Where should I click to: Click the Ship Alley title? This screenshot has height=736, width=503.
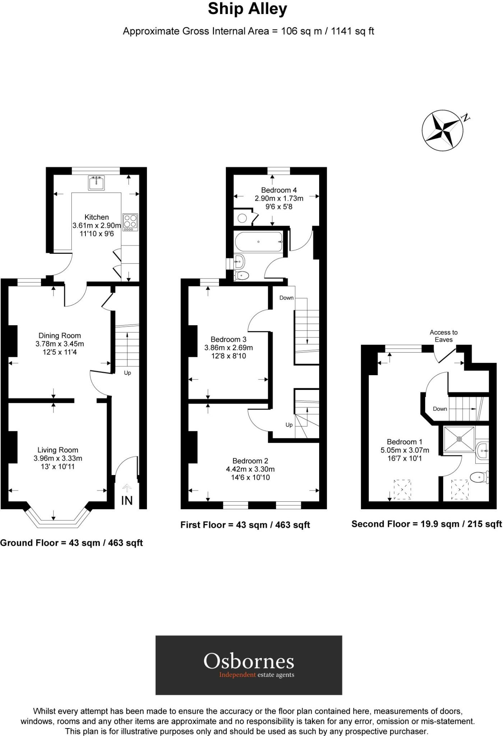tap(247, 9)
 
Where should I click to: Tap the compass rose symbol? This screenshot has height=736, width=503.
tap(442, 130)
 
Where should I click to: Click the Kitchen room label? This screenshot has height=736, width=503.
tap(97, 217)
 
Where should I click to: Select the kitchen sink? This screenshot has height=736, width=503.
tap(96, 183)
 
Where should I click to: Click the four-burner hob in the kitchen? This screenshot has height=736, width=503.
tap(130, 222)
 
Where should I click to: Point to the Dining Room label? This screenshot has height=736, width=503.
tap(60, 335)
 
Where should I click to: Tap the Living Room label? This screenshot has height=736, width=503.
tap(58, 450)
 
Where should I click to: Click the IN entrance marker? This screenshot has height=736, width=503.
tap(127, 501)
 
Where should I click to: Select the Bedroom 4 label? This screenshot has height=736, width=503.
tap(279, 190)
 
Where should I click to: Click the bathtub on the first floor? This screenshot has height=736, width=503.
tap(259, 241)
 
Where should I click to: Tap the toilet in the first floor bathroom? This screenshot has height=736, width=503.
tap(241, 276)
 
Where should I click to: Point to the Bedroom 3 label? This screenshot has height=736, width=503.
tap(228, 339)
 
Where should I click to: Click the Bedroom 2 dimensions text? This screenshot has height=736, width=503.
tap(250, 469)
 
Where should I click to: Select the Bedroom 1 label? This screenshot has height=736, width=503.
tap(404, 442)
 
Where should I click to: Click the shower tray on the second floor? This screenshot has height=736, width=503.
tap(459, 439)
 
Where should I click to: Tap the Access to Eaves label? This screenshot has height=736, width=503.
tap(443, 336)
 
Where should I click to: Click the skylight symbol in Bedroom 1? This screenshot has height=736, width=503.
tap(402, 489)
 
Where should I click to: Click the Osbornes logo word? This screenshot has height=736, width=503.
tap(249, 661)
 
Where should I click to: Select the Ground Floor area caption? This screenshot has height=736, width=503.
tap(71, 543)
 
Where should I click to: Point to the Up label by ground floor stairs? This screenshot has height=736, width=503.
tap(127, 373)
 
